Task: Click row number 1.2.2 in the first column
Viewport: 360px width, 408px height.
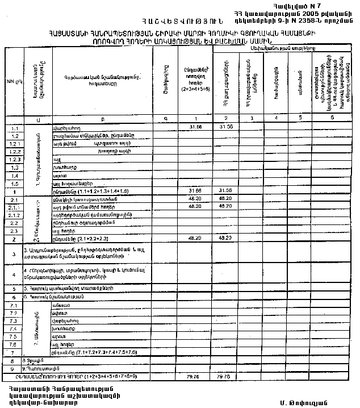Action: pos(15,152)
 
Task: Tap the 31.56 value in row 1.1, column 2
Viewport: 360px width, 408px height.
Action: pos(225,126)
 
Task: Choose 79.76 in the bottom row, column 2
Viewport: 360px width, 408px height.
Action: pos(225,376)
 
